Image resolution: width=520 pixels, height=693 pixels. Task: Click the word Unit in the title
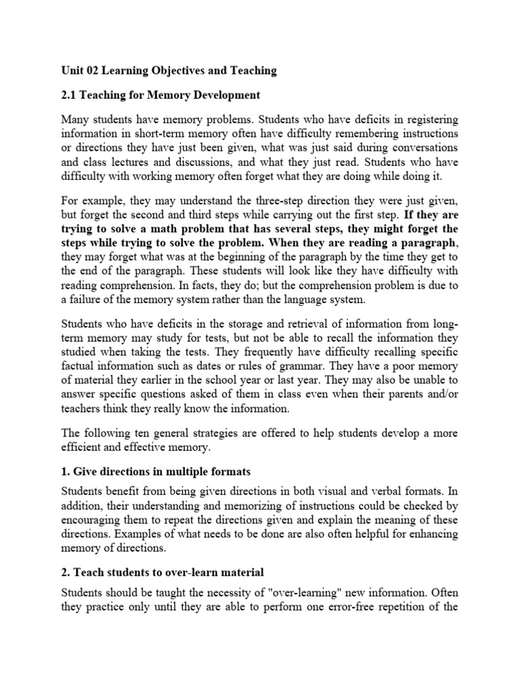[72, 70]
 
